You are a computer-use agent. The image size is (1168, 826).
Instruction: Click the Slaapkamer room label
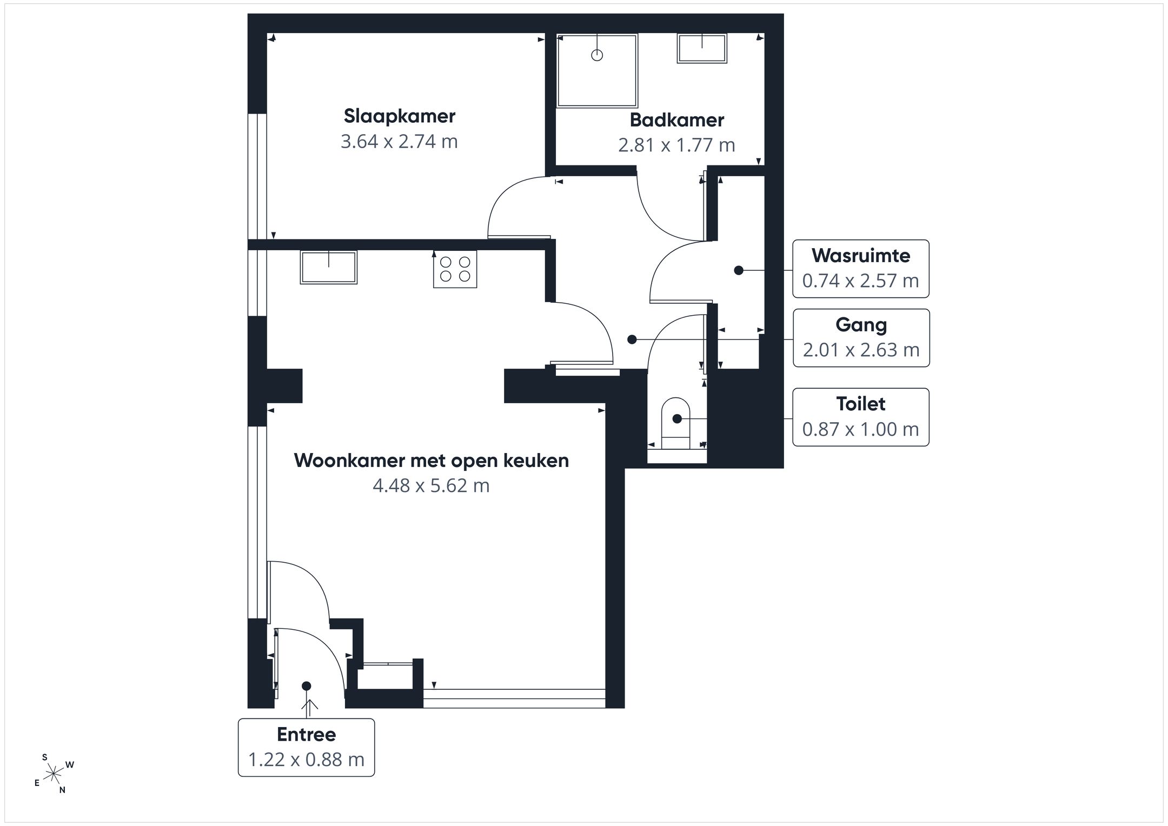pos(400,116)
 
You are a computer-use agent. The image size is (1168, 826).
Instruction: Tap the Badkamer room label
pos(676,120)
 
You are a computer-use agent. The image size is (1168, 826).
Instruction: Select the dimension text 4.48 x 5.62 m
pos(431,485)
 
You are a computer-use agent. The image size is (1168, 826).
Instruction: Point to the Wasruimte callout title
pos(861,255)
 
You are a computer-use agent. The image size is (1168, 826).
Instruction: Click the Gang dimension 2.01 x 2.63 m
pos(861,350)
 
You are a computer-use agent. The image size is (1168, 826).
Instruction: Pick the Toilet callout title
pos(861,404)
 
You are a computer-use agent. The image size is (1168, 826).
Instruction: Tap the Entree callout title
pos(306,734)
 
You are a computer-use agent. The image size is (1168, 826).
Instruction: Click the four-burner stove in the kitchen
pos(455,269)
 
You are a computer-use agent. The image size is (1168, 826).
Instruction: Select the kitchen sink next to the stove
pos(329,267)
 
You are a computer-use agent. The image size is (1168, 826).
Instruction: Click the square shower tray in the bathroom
pos(598,71)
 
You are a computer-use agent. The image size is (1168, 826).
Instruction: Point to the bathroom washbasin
pos(702,49)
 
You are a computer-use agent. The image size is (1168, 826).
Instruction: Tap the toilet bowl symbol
pos(676,423)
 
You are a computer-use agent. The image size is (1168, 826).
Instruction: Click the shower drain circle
pos(597,55)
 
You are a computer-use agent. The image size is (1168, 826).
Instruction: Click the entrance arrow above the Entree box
pos(310,709)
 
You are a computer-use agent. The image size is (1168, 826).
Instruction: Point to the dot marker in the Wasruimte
pos(739,270)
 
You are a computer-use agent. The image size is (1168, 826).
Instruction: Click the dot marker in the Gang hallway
pos(632,339)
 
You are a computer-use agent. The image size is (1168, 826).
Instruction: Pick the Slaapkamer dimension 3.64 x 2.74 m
pos(399,142)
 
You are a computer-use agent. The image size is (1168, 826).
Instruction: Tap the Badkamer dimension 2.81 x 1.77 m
pos(676,145)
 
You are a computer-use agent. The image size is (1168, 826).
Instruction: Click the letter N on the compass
pos(62,790)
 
